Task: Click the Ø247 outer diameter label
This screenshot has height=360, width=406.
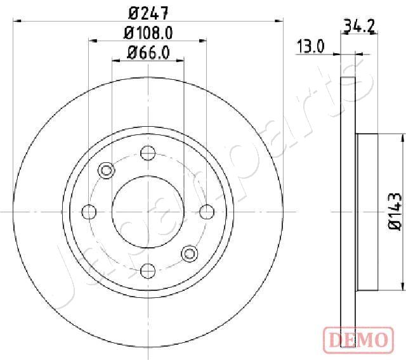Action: pos(148,13)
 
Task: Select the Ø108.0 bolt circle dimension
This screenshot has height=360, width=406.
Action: pos(148,33)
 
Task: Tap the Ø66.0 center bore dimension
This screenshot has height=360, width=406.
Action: pos(148,53)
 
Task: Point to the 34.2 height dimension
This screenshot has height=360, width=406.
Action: pos(359,27)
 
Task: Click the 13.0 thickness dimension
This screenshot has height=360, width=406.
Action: pos(310,46)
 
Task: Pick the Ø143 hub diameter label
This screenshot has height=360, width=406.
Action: pos(395,211)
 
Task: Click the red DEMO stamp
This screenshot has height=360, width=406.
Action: pos(358,339)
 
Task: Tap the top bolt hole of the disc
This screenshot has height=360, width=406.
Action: pos(148,153)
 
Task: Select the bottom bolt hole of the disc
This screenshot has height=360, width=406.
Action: pos(148,271)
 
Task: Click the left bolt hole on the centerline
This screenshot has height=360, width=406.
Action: pos(89,212)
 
